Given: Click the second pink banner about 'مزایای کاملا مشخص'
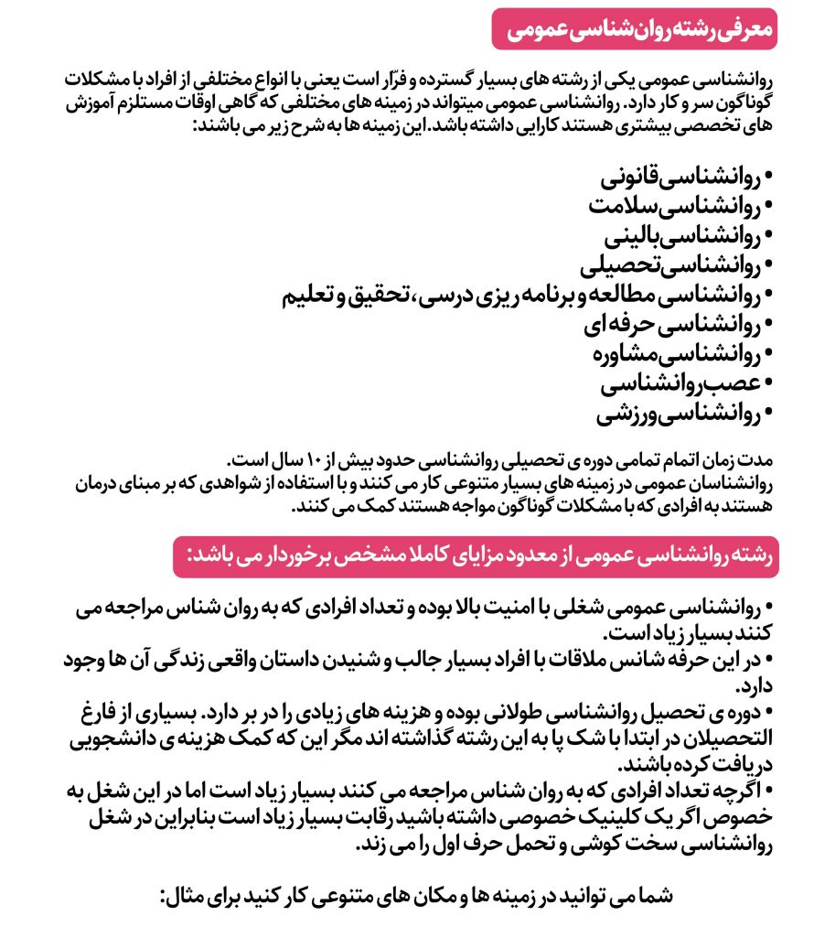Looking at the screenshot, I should pos(476,556).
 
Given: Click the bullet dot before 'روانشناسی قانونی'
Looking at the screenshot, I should pos(768,175).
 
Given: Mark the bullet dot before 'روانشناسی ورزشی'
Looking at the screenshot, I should pos(768,413).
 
